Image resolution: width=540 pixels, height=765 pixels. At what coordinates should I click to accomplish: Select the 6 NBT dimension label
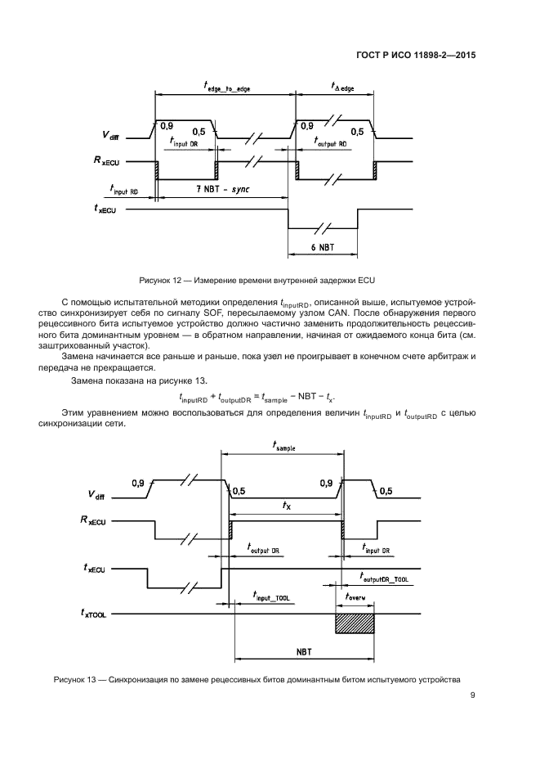tap(322, 247)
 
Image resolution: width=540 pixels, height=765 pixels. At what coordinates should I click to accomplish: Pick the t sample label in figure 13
tap(283, 448)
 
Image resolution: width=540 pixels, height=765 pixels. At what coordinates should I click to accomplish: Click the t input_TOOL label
tap(272, 598)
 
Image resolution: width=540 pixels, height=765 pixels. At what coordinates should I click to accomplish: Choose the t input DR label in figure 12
tap(189, 141)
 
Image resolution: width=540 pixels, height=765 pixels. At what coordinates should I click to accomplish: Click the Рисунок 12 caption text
tap(274, 281)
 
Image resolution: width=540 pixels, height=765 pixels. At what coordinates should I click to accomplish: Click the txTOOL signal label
tap(101, 613)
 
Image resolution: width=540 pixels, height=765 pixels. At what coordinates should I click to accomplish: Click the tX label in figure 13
tap(286, 506)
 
